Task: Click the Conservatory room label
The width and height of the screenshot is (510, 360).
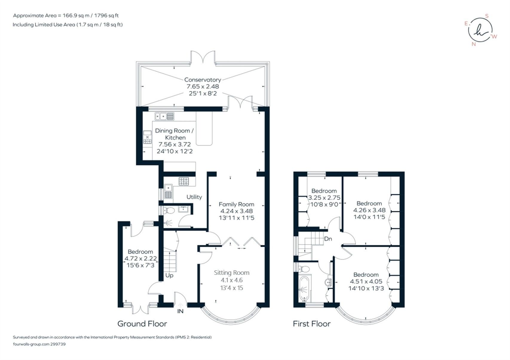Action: tap(202, 80)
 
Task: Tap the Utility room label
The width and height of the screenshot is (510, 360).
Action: tap(194, 197)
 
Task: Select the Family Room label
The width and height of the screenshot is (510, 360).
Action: tap(236, 205)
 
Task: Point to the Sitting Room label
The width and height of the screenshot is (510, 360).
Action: tap(232, 273)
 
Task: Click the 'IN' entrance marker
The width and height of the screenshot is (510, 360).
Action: tap(180, 311)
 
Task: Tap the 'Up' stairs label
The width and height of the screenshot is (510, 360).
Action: tap(169, 276)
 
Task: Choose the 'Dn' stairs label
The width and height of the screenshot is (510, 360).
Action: tap(328, 239)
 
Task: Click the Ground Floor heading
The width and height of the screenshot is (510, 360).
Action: tap(142, 324)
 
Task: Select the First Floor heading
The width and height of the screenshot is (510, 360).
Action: tap(311, 324)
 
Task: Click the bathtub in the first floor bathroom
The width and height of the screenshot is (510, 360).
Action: tap(304, 289)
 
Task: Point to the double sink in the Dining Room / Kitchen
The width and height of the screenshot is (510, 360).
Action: tap(164, 116)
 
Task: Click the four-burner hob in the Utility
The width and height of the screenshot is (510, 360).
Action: tap(184, 181)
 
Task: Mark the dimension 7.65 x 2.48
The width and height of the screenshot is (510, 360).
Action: tap(203, 87)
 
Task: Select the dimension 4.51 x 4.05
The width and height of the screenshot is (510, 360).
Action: tap(366, 281)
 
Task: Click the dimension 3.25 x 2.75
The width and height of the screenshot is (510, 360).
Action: tap(324, 198)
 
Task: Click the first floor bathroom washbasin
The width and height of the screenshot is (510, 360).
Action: tap(328, 282)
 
